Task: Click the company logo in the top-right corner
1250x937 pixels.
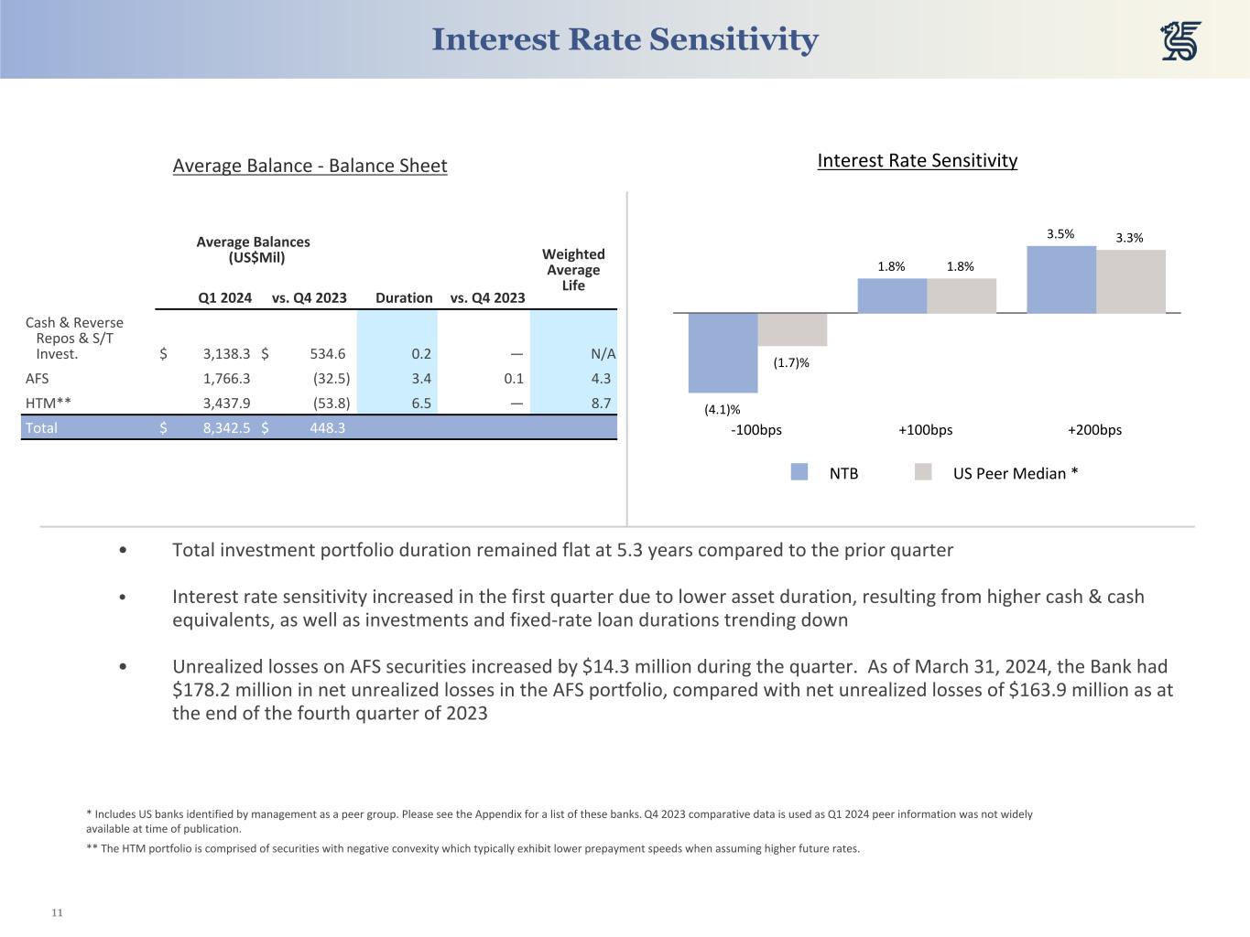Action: click(1180, 41)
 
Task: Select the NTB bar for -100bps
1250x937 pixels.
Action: click(723, 352)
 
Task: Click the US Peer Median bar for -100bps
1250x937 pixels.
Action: click(792, 329)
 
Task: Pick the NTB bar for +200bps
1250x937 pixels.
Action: click(1061, 280)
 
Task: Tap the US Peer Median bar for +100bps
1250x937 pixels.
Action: click(962, 296)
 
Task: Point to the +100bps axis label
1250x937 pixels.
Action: click(925, 430)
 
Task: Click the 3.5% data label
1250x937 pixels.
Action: click(1060, 234)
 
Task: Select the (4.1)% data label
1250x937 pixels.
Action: click(722, 410)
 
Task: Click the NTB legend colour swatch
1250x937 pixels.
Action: click(799, 472)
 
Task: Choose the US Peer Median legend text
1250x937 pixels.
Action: click(1016, 473)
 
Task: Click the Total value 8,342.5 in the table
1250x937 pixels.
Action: click(226, 427)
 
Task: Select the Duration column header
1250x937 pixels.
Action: click(404, 297)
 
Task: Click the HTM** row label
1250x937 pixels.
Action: click(49, 403)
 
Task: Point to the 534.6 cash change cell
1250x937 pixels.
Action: click(328, 353)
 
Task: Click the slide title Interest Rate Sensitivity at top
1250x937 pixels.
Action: click(625, 39)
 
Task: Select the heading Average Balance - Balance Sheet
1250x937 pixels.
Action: click(310, 166)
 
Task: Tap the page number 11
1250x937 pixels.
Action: click(57, 912)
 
